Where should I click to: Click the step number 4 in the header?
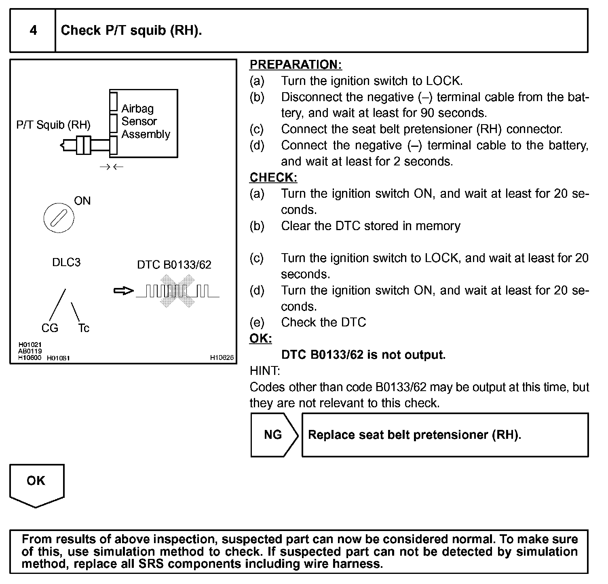pos(33,30)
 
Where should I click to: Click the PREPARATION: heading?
pos(296,65)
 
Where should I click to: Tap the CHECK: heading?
pos(273,178)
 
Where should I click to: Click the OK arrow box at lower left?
pos(36,483)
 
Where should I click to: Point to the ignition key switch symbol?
pos(59,218)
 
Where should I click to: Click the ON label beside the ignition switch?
pos(82,201)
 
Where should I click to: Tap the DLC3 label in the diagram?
pos(66,262)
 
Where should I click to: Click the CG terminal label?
pos(50,328)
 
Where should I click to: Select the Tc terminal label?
pos(83,328)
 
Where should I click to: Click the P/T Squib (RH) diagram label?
pos(53,125)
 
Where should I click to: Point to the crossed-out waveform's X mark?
pos(177,291)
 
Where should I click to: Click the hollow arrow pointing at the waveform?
pos(123,291)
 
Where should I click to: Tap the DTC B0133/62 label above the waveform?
pos(174,265)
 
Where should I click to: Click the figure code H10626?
pos(222,358)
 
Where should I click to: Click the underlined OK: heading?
pos(261,339)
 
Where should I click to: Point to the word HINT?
pos(265,371)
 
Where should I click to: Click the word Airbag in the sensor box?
pos(137,109)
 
